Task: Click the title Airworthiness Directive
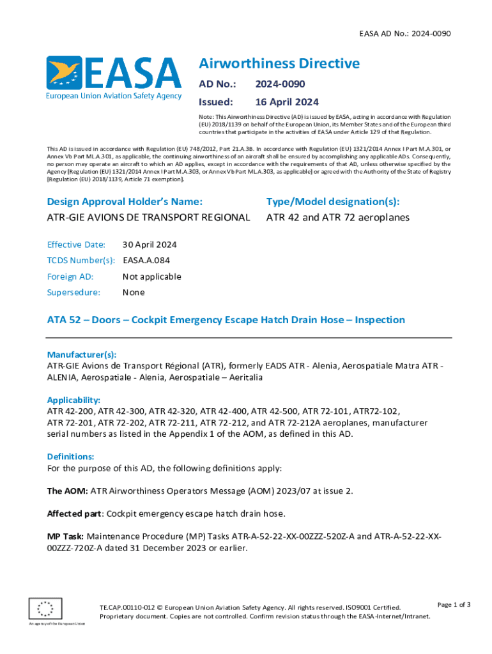click(x=279, y=63)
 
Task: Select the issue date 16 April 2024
click(x=287, y=102)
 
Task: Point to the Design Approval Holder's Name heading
click(x=125, y=202)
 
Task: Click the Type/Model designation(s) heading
click(x=332, y=202)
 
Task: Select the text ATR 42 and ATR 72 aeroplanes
click(x=328, y=218)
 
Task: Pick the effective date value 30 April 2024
click(x=150, y=245)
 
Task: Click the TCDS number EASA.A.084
click(x=146, y=261)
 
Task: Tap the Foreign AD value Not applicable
click(x=151, y=277)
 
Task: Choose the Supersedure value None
click(x=134, y=293)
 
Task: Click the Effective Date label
click(x=76, y=245)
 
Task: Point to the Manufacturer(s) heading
click(x=82, y=354)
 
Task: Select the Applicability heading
click(x=73, y=400)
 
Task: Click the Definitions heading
click(x=71, y=457)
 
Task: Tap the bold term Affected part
click(x=74, y=513)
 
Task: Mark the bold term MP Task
click(x=65, y=536)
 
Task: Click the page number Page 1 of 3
click(x=454, y=605)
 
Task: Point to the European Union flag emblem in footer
click(x=45, y=607)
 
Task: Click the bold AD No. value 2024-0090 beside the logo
click(x=280, y=84)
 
